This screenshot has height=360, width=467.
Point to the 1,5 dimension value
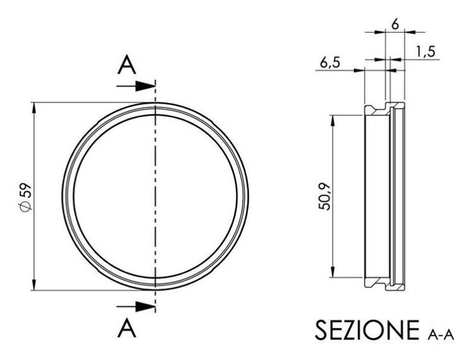pyautogui.click(x=427, y=51)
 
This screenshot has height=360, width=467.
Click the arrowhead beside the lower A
pyautogui.click(x=148, y=306)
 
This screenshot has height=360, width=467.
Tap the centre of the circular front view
pyautogui.click(x=155, y=196)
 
